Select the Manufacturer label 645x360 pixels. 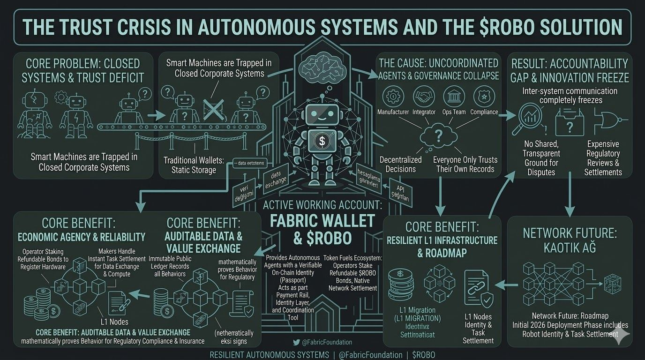[x=393, y=112]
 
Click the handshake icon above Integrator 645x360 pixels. [x=424, y=97]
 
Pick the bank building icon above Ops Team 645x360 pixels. [x=454, y=97]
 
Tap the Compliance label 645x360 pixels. [x=484, y=112]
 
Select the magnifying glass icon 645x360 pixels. [x=532, y=117]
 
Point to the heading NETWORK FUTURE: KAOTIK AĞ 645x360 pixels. [x=569, y=240]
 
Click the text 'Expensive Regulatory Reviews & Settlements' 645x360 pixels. [x=603, y=158]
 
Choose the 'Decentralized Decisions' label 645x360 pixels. [x=401, y=164]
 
